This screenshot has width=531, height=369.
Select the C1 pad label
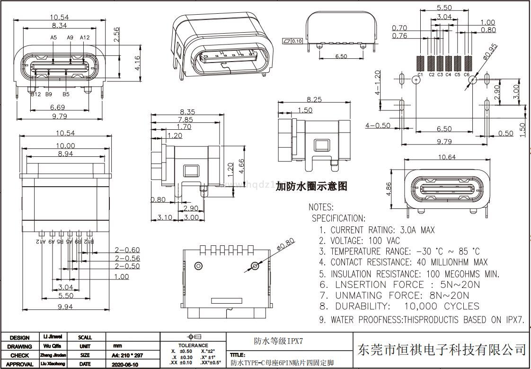coord(420,74)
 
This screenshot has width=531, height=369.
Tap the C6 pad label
coord(466,74)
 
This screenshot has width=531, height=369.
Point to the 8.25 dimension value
coord(315,99)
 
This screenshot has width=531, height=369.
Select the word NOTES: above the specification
coord(321,207)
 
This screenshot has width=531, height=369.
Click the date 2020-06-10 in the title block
coord(125,364)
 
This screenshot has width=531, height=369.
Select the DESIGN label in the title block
coord(19,338)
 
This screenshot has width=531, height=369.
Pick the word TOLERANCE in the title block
coord(193,345)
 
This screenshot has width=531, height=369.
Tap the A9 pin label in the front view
coord(71,37)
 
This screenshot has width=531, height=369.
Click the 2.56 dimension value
coord(116,35)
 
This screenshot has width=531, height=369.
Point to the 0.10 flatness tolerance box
coord(297,41)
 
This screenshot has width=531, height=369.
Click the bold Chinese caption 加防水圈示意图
coord(311,187)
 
